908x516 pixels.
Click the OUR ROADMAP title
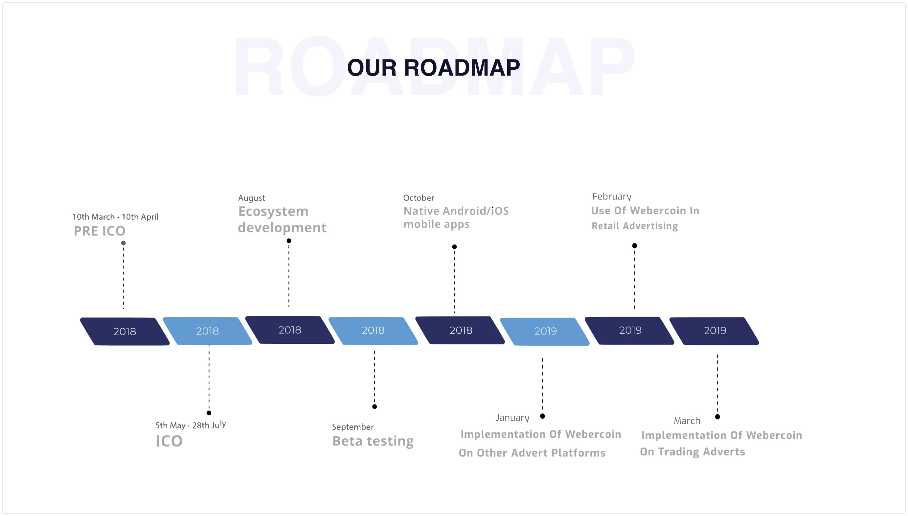coord(433,67)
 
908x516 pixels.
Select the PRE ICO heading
coord(100,231)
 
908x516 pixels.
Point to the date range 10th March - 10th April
coord(115,217)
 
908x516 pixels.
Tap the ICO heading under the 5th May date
coord(169,441)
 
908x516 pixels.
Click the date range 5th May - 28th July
coord(191,425)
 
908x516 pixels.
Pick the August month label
coord(251,198)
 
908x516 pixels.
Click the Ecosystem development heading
coord(282,219)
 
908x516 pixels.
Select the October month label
coord(419,198)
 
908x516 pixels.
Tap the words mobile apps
coord(436,224)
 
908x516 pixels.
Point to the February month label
coord(612,196)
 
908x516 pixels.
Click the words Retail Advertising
coord(635,226)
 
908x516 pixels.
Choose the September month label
coord(353,427)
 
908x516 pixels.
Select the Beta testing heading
coord(373,441)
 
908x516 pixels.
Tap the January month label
coord(512,418)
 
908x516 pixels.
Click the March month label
coord(687,421)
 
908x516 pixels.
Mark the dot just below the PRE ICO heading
coord(123,243)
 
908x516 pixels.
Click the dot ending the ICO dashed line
coord(209,413)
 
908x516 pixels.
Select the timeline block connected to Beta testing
coord(373,331)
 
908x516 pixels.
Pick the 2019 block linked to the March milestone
coord(714,331)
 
